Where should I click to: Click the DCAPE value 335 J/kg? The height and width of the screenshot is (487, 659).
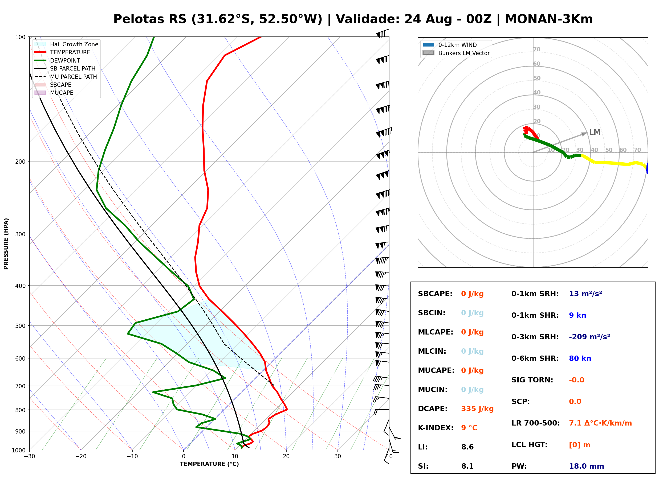tap(477, 409)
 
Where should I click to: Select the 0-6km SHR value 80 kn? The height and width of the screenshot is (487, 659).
tap(580, 358)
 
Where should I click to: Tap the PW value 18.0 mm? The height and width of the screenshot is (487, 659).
tap(587, 466)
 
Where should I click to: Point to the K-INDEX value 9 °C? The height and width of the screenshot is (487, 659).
tap(469, 428)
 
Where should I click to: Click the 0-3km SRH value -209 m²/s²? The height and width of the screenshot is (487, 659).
tap(589, 337)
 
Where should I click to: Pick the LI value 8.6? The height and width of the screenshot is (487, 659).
tap(467, 447)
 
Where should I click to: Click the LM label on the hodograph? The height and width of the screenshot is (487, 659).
tap(595, 132)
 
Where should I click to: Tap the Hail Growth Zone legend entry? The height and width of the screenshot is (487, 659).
tap(66, 44)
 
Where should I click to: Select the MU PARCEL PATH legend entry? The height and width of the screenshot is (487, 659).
tap(66, 77)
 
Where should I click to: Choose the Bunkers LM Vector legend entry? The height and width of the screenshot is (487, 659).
tap(456, 53)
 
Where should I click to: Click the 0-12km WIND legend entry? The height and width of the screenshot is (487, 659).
tap(450, 45)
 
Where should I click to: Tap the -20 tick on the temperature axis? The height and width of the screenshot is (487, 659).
tap(80, 457)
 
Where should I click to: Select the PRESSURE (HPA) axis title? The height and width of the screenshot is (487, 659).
tap(6, 244)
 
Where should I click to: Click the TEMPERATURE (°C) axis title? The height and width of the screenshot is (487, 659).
tap(209, 464)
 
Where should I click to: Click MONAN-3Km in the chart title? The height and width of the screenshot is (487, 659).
tap(549, 19)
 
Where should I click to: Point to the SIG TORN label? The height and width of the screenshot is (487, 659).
tap(532, 380)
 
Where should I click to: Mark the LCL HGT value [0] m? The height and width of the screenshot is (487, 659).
tap(580, 445)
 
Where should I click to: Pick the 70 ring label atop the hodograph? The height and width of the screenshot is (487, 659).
tap(537, 49)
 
